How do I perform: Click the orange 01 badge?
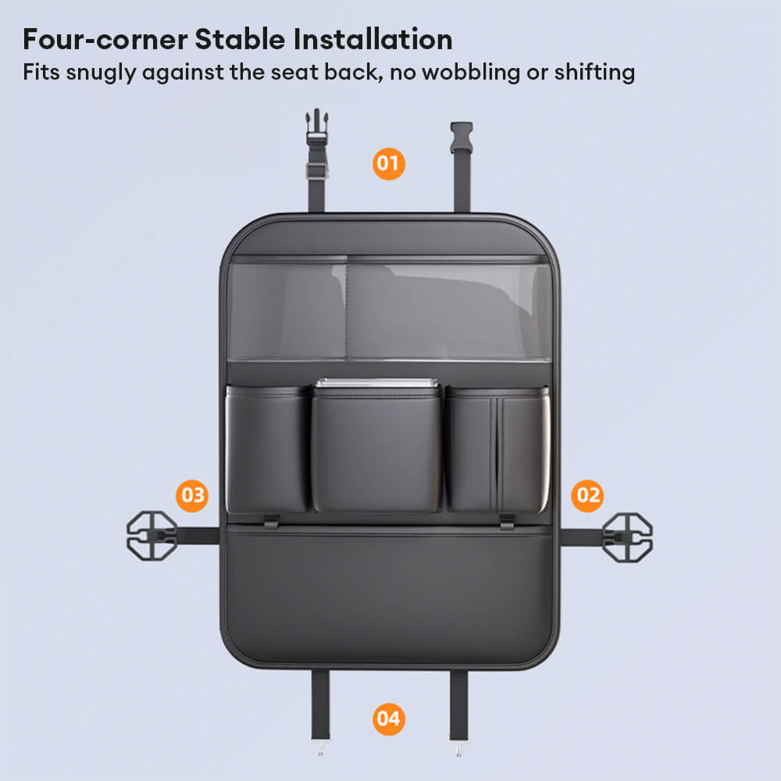(x=388, y=164)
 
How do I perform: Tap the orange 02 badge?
(x=587, y=496)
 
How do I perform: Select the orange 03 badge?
(x=192, y=496)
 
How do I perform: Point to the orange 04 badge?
(x=388, y=719)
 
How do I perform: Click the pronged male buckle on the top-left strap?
(x=317, y=127)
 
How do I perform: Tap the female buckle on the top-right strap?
(x=462, y=137)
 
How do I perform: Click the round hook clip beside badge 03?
(x=152, y=536)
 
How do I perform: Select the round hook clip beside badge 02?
(x=627, y=537)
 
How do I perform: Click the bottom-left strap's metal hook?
(x=320, y=748)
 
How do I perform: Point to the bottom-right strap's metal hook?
(x=458, y=749)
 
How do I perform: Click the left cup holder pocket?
(x=267, y=449)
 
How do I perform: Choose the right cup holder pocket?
(x=497, y=449)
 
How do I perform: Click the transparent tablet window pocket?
(x=390, y=308)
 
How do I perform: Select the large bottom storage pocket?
(x=388, y=593)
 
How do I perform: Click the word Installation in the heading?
(x=373, y=39)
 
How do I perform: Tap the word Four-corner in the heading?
(x=105, y=39)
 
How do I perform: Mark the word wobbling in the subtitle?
(x=471, y=72)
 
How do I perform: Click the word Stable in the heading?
(x=240, y=39)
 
